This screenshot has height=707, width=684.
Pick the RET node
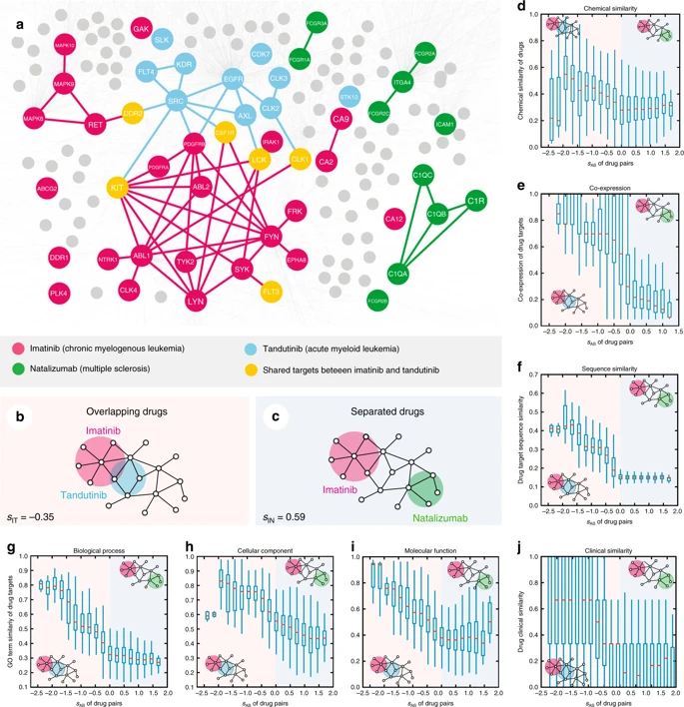point(98,127)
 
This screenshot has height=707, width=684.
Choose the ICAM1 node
point(444,126)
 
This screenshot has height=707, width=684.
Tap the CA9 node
point(341,121)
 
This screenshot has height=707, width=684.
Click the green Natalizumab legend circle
point(21,367)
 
